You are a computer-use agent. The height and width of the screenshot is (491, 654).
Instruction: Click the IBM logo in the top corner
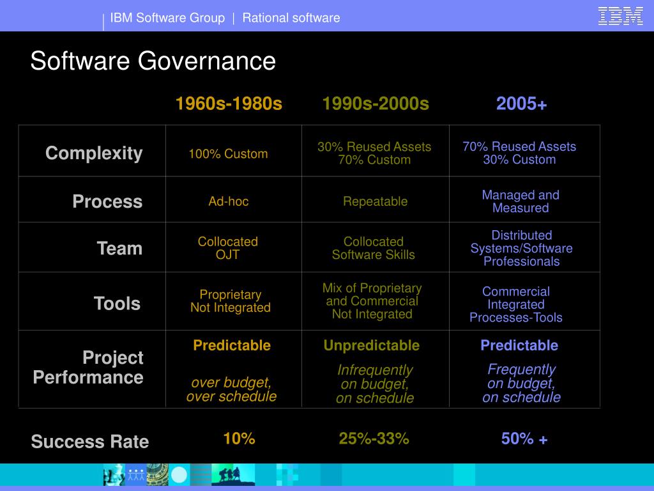[620, 16]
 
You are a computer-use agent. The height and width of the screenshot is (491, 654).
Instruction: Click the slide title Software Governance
[153, 61]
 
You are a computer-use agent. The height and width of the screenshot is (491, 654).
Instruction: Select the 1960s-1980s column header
[229, 104]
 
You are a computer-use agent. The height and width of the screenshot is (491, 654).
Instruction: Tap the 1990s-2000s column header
[376, 104]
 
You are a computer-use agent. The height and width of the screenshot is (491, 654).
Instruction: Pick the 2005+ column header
[522, 104]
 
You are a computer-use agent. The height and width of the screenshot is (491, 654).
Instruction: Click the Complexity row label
[94, 153]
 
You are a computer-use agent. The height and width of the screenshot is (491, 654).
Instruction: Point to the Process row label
[107, 201]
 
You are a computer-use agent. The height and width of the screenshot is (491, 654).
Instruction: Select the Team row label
[119, 248]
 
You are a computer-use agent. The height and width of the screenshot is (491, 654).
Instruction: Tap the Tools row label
[117, 303]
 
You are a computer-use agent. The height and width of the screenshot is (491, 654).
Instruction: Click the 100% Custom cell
[228, 154]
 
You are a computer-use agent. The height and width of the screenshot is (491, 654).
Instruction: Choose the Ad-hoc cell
[228, 201]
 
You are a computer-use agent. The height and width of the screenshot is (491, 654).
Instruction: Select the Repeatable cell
[375, 201]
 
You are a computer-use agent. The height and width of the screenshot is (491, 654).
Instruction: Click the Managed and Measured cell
[521, 201]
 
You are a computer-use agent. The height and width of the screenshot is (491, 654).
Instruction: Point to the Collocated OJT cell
[228, 248]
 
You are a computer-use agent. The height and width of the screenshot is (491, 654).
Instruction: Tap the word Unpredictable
[372, 346]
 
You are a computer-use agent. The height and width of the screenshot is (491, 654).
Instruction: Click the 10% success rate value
[239, 439]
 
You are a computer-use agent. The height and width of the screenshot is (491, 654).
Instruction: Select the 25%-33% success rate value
[374, 439]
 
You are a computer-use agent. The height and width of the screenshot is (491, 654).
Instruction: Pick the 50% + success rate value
[524, 439]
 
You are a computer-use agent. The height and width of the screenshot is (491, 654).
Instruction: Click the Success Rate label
[90, 441]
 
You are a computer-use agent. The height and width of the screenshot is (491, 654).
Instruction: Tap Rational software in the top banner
[291, 18]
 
